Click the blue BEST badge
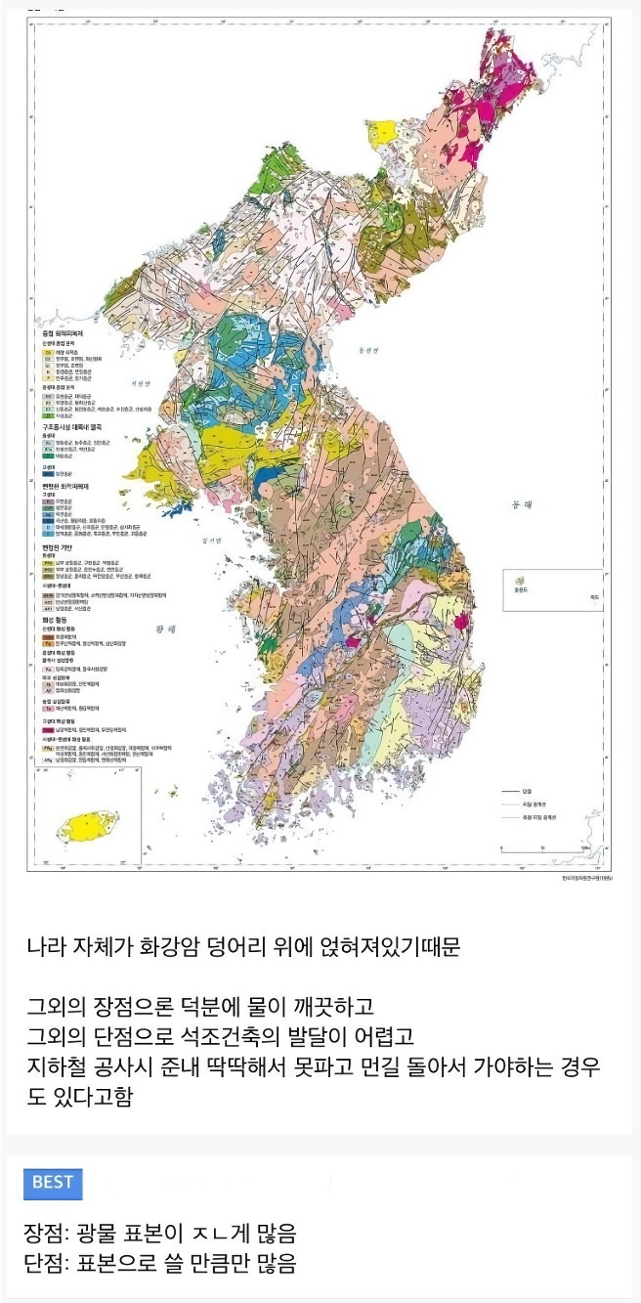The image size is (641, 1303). point(53,1182)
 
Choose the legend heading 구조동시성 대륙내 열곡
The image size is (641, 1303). point(73,426)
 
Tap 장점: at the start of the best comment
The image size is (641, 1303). point(48,1233)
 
